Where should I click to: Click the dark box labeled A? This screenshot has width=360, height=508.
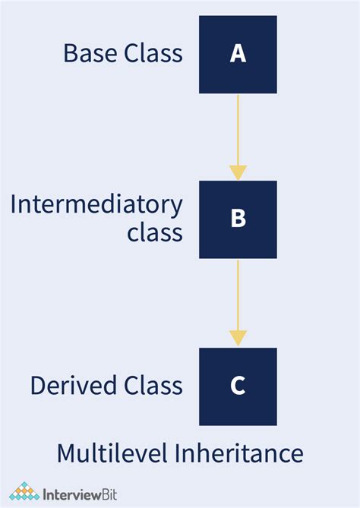click(x=238, y=55)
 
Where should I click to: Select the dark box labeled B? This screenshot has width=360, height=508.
click(x=238, y=219)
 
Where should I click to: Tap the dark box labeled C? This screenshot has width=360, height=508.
click(x=238, y=386)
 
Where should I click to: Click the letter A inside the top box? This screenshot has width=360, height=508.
click(x=238, y=54)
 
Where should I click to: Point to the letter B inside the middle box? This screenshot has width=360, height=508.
click(x=238, y=219)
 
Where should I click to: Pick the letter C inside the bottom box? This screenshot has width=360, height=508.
click(x=238, y=386)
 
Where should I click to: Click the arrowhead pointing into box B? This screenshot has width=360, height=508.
click(x=238, y=172)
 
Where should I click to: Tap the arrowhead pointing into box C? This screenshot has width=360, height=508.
click(x=238, y=339)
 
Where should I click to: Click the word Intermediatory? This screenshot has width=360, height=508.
click(x=96, y=206)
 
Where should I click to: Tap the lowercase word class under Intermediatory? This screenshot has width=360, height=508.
click(x=155, y=232)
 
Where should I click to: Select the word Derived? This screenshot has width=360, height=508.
click(x=71, y=386)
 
